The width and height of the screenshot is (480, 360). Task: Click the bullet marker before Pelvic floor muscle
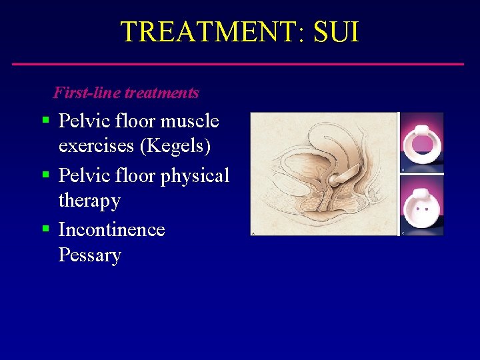(x=45, y=121)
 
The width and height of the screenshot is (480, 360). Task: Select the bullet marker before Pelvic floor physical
(x=45, y=175)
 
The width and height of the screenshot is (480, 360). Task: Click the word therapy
(x=89, y=200)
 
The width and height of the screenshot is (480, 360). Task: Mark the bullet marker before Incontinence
(x=45, y=229)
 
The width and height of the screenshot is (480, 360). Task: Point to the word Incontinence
(x=111, y=229)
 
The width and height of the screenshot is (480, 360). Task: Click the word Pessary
(x=89, y=255)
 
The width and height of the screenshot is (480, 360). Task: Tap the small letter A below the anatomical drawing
(x=253, y=233)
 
